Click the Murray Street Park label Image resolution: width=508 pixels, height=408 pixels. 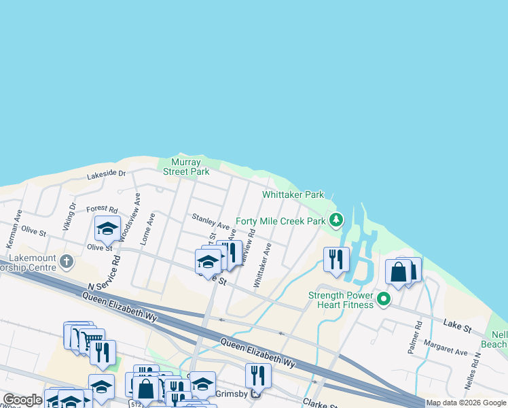[x=185, y=167]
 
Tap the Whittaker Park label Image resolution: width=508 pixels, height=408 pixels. [x=293, y=194]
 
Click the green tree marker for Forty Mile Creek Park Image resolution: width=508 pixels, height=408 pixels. [x=335, y=220]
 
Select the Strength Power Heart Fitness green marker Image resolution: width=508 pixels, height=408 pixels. [x=384, y=299]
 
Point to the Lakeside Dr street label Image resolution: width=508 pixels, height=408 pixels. [x=107, y=175]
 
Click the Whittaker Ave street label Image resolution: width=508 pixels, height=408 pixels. [x=262, y=265]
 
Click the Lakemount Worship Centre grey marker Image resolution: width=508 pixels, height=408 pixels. [x=67, y=261]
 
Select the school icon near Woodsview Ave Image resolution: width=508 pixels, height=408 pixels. [x=107, y=229]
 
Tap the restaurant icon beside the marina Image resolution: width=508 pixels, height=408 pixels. [x=336, y=260]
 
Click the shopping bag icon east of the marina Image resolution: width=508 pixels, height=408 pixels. [x=398, y=272]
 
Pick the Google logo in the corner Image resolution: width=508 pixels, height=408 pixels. [x=23, y=400]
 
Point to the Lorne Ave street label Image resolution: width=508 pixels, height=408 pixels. [x=148, y=229]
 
